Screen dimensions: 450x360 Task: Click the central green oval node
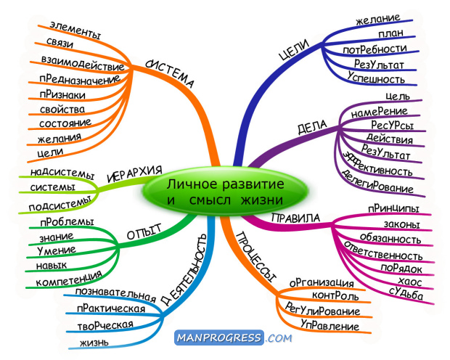[225, 192]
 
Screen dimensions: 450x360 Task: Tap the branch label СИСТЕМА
[170, 74]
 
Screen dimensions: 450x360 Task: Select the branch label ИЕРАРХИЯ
[134, 174]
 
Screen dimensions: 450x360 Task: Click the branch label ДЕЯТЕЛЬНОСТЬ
[184, 269]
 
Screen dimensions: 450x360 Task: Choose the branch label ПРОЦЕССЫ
[256, 257]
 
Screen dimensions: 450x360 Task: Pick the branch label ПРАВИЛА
[295, 218]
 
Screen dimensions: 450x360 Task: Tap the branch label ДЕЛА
[312, 127]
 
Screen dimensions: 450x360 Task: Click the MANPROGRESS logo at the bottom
[233, 337]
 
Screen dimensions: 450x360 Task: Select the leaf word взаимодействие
[83, 64]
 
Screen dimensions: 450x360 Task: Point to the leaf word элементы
[75, 30]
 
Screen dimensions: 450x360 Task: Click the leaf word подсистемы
[60, 203]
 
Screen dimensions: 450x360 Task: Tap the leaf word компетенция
[69, 279]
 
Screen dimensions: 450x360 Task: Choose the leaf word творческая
[105, 325]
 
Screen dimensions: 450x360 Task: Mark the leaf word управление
[330, 324]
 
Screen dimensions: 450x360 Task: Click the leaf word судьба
[406, 293]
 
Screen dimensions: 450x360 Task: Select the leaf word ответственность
[382, 250]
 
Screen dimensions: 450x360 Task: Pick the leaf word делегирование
[377, 181]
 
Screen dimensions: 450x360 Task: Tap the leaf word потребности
[375, 49]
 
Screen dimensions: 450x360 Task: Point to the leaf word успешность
[376, 77]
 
